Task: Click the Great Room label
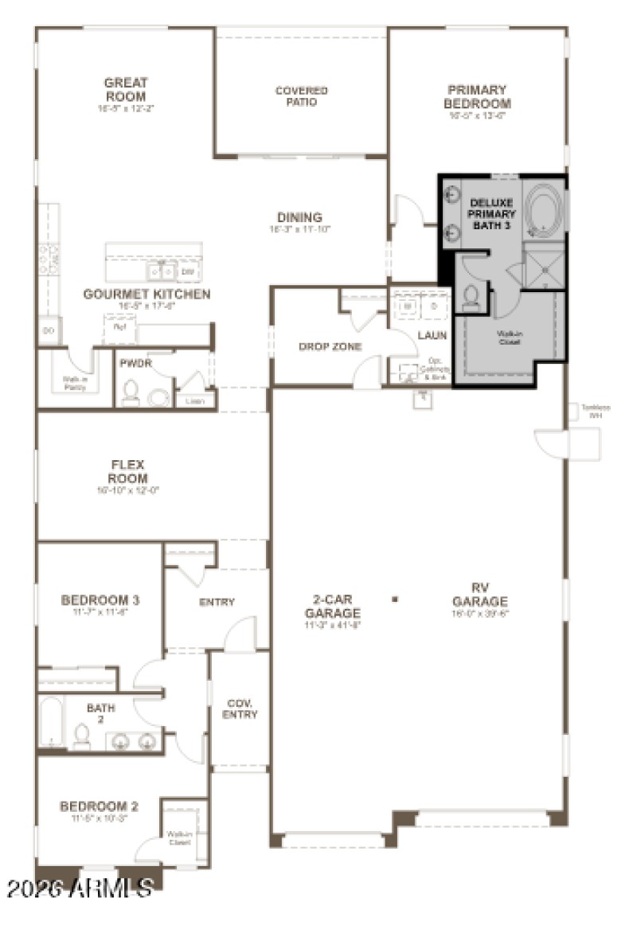tap(126, 89)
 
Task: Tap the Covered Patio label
tap(301, 96)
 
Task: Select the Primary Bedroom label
tap(477, 96)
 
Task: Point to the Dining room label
tap(299, 217)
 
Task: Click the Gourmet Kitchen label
tap(147, 295)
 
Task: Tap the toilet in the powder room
tap(131, 392)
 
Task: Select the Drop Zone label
tap(330, 346)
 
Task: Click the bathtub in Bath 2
tap(50, 723)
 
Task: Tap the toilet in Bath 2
tap(81, 735)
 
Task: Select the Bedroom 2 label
tap(99, 806)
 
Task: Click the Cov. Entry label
tap(240, 708)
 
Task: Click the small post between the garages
tap(394, 599)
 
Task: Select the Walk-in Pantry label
tap(76, 384)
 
